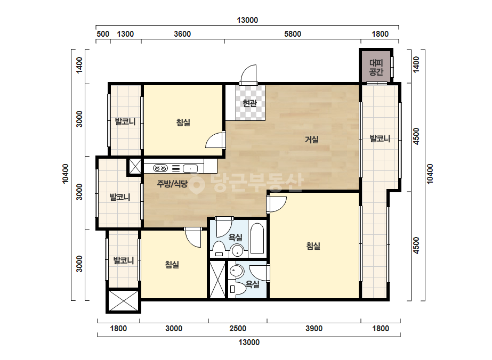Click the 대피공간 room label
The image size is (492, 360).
[x=376, y=68]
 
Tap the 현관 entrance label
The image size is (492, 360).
[x=250, y=103]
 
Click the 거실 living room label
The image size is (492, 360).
[x=312, y=139]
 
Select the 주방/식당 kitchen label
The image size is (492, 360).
[x=172, y=183]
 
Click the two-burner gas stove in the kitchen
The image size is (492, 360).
[x=160, y=168]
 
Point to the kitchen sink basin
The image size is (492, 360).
[x=190, y=168]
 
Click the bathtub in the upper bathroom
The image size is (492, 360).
[x=257, y=239]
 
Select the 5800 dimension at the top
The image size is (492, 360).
[x=293, y=34]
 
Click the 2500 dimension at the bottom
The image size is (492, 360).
[x=238, y=329]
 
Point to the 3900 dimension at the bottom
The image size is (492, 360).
[x=314, y=329]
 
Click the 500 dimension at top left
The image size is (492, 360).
[x=103, y=34]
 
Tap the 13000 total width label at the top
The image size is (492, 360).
[x=247, y=20]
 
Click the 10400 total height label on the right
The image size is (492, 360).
[x=430, y=174]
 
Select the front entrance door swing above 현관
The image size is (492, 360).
[x=248, y=75]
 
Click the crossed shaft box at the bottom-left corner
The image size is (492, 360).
[x=123, y=301]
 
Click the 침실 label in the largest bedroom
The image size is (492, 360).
[x=313, y=246]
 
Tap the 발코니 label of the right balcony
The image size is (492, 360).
[x=380, y=138]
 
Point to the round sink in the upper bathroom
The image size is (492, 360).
[x=237, y=250]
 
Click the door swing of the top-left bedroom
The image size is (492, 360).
[x=215, y=140]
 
